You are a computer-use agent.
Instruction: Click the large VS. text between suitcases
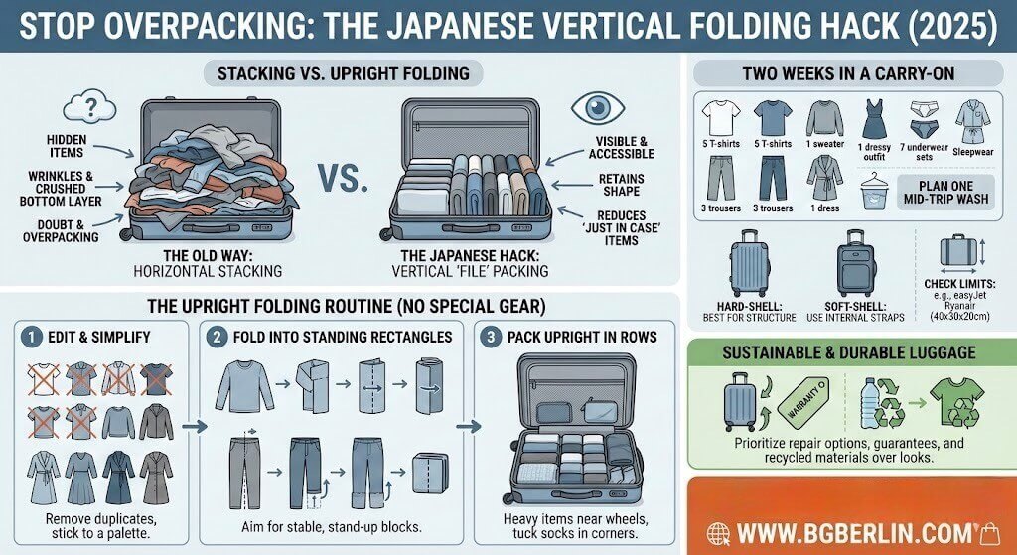click(344, 181)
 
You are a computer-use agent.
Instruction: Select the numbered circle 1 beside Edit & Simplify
click(31, 337)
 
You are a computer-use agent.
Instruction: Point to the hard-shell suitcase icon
click(749, 262)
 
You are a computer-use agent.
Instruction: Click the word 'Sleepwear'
click(973, 153)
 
